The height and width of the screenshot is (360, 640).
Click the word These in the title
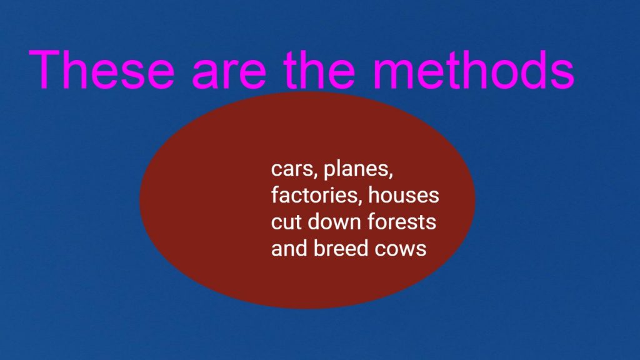102,69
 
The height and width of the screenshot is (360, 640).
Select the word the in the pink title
320,69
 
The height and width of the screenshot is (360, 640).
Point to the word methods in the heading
474,69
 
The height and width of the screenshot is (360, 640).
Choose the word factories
317,196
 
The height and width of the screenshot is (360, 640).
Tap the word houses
404,195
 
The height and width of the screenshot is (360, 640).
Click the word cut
286,222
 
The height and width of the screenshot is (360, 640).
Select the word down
334,221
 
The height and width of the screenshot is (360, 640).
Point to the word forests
402,221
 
